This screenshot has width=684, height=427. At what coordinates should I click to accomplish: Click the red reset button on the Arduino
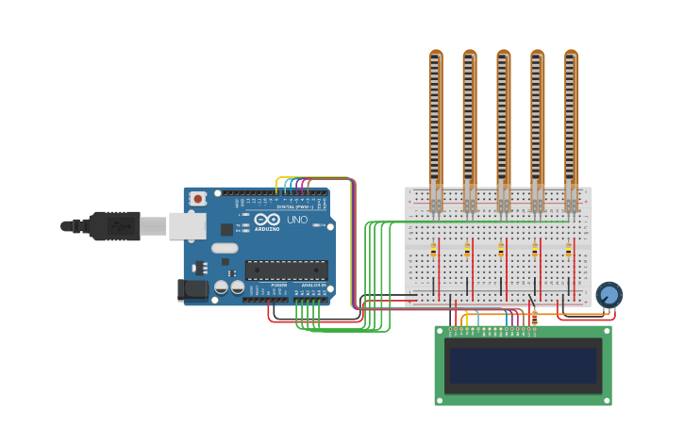click(x=197, y=199)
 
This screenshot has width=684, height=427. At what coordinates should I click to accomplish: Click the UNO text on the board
click(x=297, y=220)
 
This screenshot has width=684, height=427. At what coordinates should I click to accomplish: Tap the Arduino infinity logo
click(x=266, y=220)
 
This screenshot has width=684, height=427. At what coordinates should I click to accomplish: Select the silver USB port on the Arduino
click(x=188, y=225)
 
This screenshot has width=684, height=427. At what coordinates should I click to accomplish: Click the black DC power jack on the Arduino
click(x=192, y=290)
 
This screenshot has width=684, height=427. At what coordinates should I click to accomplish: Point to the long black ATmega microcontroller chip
click(x=286, y=270)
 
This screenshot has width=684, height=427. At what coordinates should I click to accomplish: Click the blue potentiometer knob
click(x=609, y=295)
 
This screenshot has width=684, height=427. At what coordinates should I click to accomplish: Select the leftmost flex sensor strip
click(x=435, y=123)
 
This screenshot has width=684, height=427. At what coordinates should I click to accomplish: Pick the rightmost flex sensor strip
click(x=571, y=123)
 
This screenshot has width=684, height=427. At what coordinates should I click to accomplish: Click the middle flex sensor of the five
click(x=503, y=123)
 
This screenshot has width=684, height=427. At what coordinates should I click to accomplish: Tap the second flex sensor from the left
click(x=469, y=123)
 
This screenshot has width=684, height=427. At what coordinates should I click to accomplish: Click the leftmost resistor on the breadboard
click(x=433, y=251)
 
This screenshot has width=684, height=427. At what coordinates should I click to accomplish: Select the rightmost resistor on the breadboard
click(x=568, y=251)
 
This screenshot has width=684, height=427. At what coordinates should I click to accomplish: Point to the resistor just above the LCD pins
click(x=535, y=319)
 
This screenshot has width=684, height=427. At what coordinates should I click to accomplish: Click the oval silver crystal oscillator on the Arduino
click(x=225, y=249)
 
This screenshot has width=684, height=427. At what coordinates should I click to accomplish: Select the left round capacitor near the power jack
click(x=221, y=287)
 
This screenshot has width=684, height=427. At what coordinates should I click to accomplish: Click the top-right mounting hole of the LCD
click(x=605, y=332)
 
